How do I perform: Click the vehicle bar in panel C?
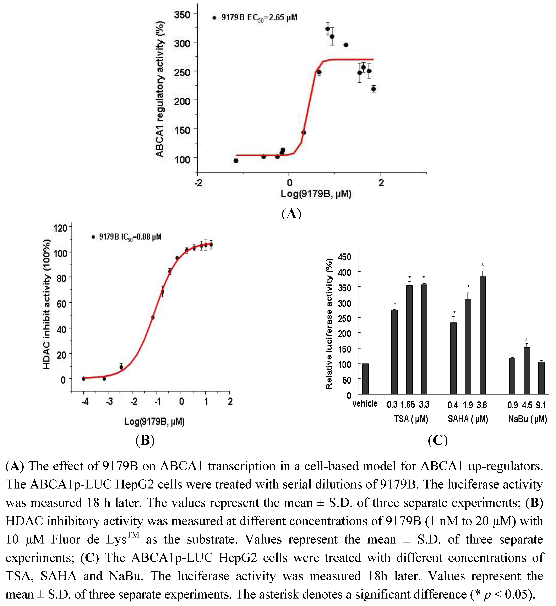(365, 379)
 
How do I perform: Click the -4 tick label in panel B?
(85, 402)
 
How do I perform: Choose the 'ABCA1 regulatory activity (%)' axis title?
(160, 89)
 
